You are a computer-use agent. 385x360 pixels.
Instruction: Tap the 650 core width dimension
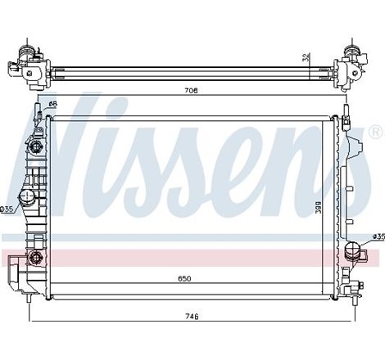pos(185,279)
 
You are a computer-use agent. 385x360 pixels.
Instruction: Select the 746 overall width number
pos(190,316)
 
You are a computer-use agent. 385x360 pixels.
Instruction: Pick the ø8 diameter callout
pos(52,104)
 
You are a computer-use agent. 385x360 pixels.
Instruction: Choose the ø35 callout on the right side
pos(378,237)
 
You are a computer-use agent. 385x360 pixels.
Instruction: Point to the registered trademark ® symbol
pos(375,132)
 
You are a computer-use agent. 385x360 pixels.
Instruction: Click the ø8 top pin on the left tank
pos(38,115)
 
